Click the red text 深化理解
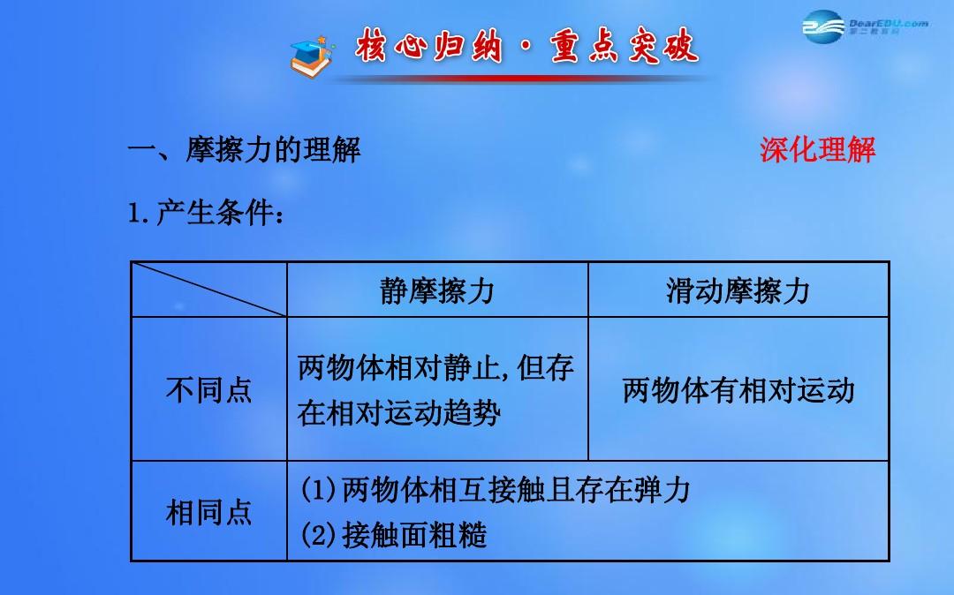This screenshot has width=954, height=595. (x=817, y=149)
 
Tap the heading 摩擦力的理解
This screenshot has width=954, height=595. (x=273, y=149)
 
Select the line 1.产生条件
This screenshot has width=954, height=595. (x=206, y=214)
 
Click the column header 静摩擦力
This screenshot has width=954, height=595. (x=437, y=290)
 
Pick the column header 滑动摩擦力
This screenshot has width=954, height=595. (x=738, y=290)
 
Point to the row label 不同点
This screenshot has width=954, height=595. (x=208, y=389)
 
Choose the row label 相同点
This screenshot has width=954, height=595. (x=208, y=512)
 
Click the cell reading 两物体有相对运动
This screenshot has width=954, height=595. (x=738, y=390)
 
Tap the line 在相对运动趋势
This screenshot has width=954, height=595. (x=399, y=413)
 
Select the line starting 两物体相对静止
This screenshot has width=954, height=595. (x=435, y=367)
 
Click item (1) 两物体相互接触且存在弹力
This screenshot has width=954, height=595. (x=496, y=489)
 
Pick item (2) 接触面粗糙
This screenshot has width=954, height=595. (x=394, y=535)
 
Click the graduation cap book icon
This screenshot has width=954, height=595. (x=312, y=56)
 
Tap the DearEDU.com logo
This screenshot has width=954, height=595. (x=865, y=26)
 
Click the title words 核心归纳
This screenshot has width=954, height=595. (x=429, y=46)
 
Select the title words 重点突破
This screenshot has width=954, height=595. (x=625, y=46)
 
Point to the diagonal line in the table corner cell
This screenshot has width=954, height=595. (x=209, y=290)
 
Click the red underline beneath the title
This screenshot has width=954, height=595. (x=523, y=79)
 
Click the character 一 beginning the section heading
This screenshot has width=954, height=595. (x=141, y=150)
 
